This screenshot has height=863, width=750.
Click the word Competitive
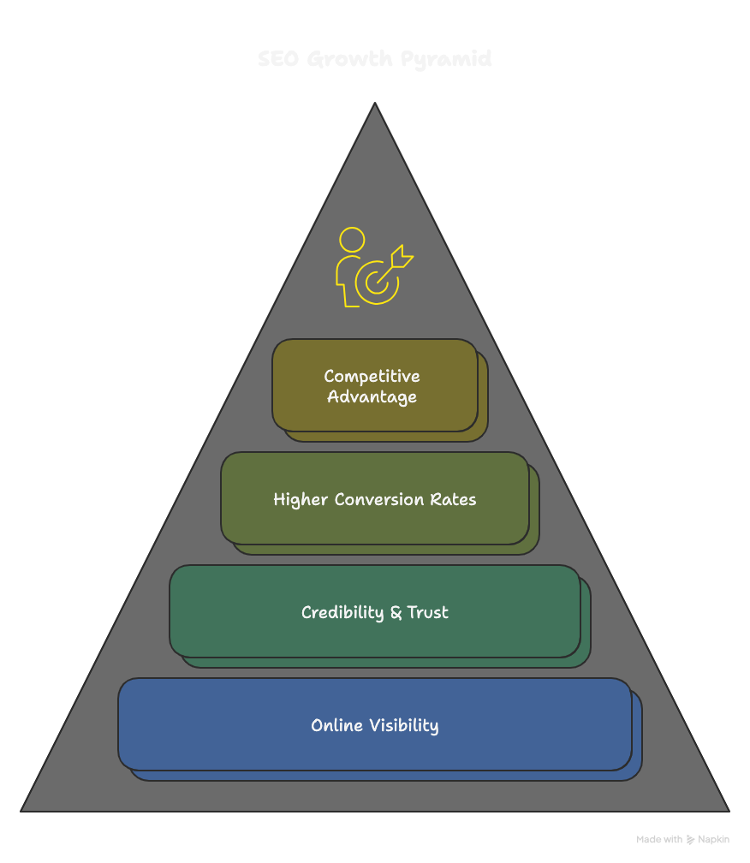pyautogui.click(x=372, y=377)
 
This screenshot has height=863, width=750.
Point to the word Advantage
pyautogui.click(x=372, y=397)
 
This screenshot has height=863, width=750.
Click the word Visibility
pyautogui.click(x=403, y=726)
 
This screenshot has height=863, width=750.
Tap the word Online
pyautogui.click(x=336, y=726)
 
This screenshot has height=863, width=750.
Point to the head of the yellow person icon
pyautogui.click(x=351, y=239)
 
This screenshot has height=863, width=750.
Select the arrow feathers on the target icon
pyautogui.click(x=402, y=254)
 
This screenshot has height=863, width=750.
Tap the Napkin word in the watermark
pyautogui.click(x=713, y=840)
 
